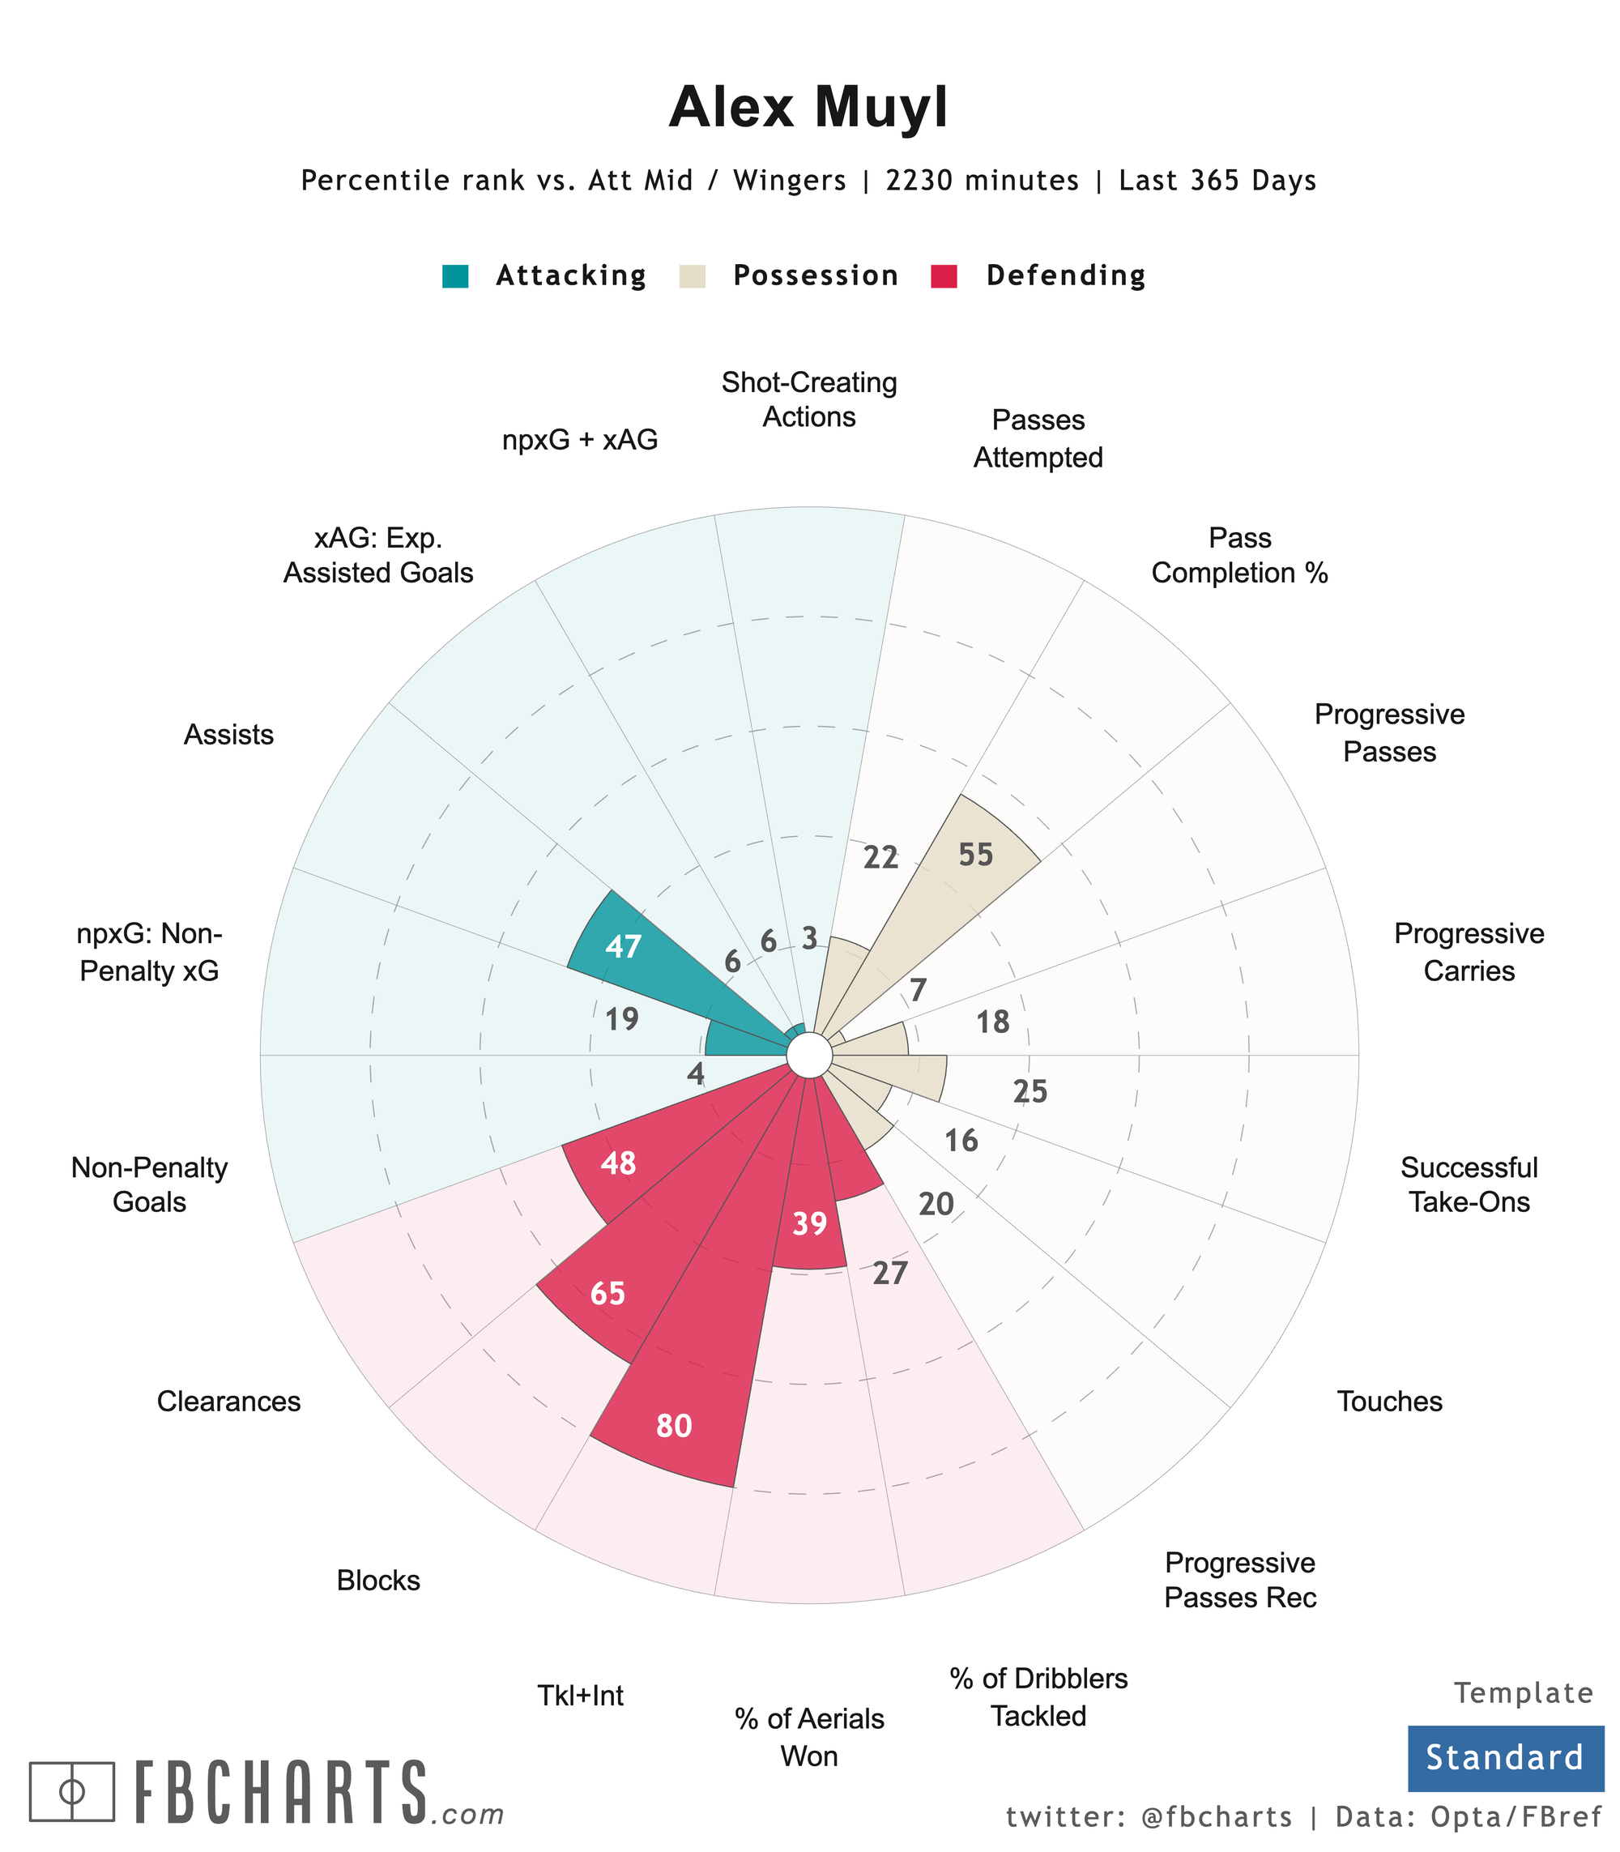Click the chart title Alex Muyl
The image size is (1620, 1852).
(808, 108)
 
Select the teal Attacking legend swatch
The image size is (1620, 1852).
(454, 275)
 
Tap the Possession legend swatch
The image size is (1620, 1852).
(692, 275)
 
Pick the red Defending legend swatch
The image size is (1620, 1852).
(944, 275)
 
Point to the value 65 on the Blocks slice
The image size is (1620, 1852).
(607, 1294)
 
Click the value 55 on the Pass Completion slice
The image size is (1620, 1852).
(975, 855)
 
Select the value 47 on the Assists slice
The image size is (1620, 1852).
(623, 947)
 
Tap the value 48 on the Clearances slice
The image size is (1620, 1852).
(618, 1163)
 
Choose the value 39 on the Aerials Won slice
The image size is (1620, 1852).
(809, 1223)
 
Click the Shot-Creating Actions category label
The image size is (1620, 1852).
(809, 399)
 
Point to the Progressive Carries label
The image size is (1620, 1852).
(1469, 952)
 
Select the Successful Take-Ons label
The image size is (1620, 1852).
(1469, 1184)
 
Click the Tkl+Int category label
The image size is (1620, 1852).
(581, 1695)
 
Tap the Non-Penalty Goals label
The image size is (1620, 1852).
(149, 1184)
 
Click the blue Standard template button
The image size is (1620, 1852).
(1505, 1757)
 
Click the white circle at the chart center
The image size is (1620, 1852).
(809, 1056)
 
